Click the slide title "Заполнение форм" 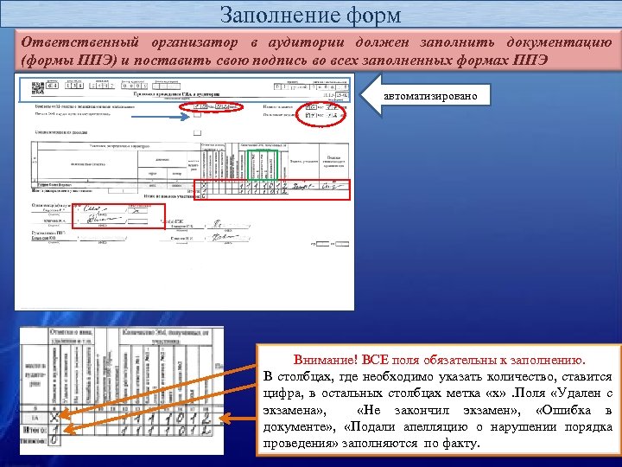coord(310,15)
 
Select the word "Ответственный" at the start coord(73,42)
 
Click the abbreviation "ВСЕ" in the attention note coord(375,359)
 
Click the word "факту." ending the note coord(459,443)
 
